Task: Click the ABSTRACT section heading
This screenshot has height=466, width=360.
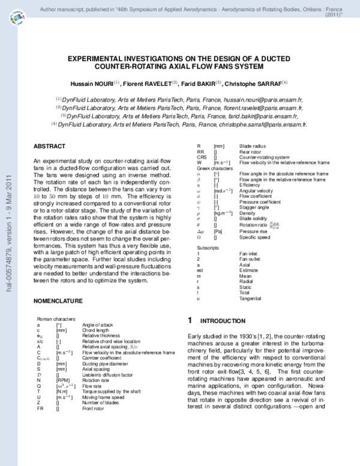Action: [50, 147]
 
